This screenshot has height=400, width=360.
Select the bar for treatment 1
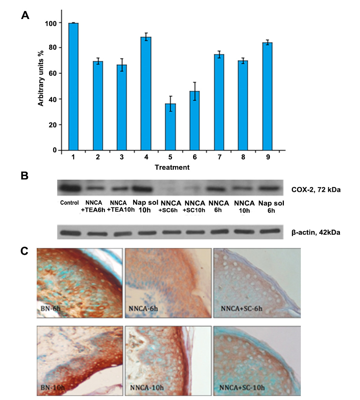73,86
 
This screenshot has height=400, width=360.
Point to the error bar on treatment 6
195,91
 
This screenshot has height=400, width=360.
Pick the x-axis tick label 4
146,157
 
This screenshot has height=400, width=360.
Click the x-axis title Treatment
172,168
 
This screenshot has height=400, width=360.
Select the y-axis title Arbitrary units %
41,80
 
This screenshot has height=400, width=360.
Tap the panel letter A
25,15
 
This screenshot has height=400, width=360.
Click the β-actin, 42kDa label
315,232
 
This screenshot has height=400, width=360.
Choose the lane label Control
69,203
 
